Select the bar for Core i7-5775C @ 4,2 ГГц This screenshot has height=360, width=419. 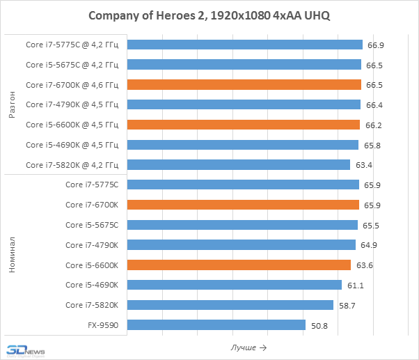[245, 45]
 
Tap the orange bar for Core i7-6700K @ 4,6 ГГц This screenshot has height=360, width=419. [244, 85]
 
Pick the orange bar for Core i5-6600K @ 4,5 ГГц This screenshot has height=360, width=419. [244, 125]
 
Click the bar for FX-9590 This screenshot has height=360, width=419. [216, 325]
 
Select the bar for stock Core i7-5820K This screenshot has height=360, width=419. [230, 305]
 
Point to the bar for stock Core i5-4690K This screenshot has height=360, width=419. [235, 285]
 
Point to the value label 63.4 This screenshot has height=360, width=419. [363, 165]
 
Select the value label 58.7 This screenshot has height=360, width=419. [347, 305]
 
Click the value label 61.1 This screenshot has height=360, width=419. [355, 285]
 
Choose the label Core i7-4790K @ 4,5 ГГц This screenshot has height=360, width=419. [72, 105]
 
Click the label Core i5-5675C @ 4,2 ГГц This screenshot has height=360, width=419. [72, 65]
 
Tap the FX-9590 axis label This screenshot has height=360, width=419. [103, 325]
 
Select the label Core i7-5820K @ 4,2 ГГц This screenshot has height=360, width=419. [72, 165]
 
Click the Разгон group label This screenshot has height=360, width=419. [12, 104]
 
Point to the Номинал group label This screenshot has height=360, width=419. [12, 255]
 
